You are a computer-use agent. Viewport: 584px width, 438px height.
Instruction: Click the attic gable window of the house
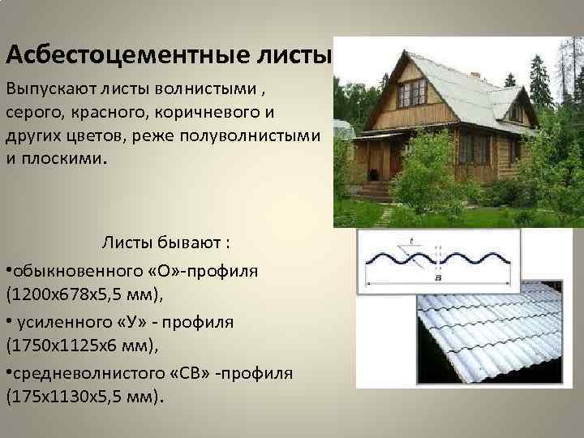tap(411, 92)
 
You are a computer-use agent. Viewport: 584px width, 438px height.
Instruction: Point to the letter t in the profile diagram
tap(412, 240)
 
